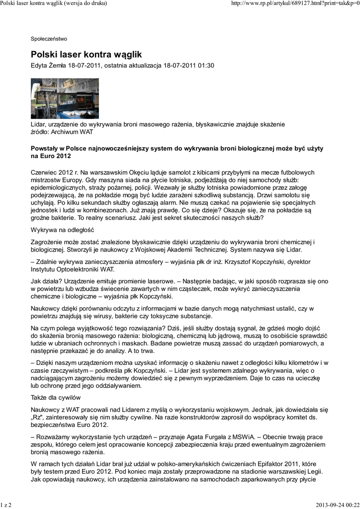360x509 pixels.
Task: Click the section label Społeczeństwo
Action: (x=49, y=38)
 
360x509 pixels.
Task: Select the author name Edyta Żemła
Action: (x=49, y=66)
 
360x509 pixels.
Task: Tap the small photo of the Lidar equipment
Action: (x=65, y=98)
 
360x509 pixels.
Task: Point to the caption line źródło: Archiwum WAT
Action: (x=62, y=132)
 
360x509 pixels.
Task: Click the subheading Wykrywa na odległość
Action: (x=62, y=230)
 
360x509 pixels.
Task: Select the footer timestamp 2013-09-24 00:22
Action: (x=337, y=505)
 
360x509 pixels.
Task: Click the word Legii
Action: (x=313, y=471)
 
